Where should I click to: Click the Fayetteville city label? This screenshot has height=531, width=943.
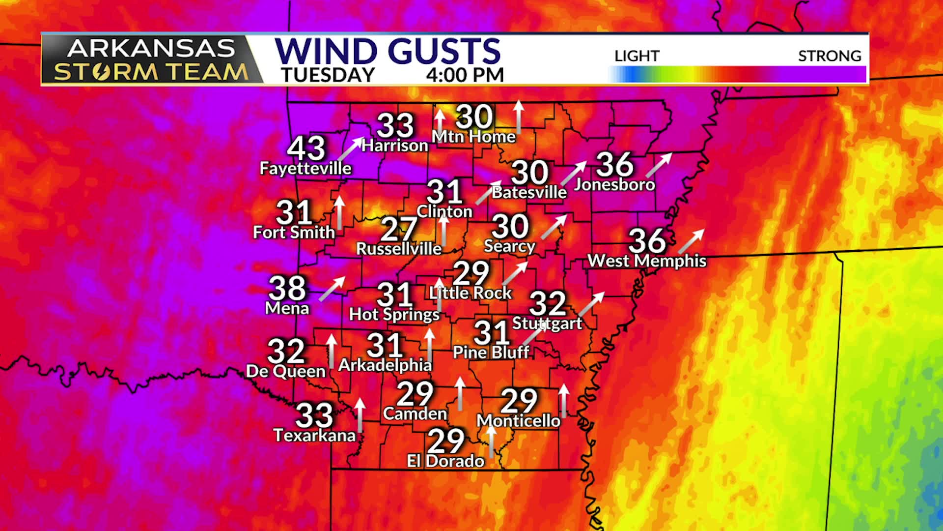pyautogui.click(x=305, y=169)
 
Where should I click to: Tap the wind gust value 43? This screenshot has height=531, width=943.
pyautogui.click(x=306, y=147)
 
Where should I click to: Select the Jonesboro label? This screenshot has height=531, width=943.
pyautogui.click(x=614, y=184)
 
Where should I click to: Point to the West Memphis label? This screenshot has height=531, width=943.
pyautogui.click(x=647, y=261)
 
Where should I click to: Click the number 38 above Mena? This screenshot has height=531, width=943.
pyautogui.click(x=287, y=288)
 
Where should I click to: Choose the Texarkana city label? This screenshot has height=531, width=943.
pyautogui.click(x=314, y=435)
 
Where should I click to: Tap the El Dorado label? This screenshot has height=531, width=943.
pyautogui.click(x=445, y=461)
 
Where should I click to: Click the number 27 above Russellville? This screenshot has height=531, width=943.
pyautogui.click(x=399, y=229)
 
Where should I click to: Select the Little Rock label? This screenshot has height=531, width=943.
pyautogui.click(x=471, y=293)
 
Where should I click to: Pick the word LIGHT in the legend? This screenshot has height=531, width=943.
pyautogui.click(x=637, y=56)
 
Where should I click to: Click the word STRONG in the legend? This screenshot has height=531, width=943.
pyautogui.click(x=830, y=56)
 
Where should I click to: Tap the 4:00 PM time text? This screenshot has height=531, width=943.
pyautogui.click(x=465, y=75)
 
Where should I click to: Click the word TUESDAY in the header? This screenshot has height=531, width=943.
pyautogui.click(x=328, y=75)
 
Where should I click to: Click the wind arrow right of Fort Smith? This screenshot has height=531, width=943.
pyautogui.click(x=339, y=213)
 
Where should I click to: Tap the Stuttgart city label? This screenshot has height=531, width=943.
pyautogui.click(x=547, y=324)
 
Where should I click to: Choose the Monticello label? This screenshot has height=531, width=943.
pyautogui.click(x=518, y=421)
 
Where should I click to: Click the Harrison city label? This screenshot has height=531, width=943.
pyautogui.click(x=395, y=146)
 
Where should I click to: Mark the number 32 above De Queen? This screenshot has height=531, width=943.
pyautogui.click(x=286, y=351)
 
